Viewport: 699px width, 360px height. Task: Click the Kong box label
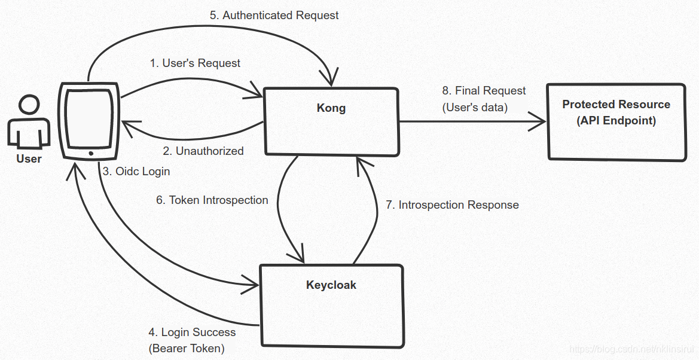click(331, 108)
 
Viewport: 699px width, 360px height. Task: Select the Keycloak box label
click(331, 285)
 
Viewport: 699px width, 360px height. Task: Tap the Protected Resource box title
click(616, 105)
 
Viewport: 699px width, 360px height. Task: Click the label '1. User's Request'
click(195, 63)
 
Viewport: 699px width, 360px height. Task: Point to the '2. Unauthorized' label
click(203, 151)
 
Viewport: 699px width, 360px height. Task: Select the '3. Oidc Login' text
click(136, 172)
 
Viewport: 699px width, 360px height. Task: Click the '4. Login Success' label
click(192, 332)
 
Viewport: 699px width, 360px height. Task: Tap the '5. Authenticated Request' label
click(274, 16)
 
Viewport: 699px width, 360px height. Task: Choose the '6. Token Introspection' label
click(212, 200)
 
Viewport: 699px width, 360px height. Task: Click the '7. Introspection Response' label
click(452, 205)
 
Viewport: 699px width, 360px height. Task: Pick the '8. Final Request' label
click(484, 91)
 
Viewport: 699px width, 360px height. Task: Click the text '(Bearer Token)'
click(186, 348)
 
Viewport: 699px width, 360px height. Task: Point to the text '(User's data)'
click(475, 108)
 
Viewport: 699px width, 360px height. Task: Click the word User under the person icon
click(29, 158)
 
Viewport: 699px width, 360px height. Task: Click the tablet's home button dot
click(91, 154)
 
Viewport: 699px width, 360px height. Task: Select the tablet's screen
click(89, 118)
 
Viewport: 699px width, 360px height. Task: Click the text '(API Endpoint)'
click(616, 121)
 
